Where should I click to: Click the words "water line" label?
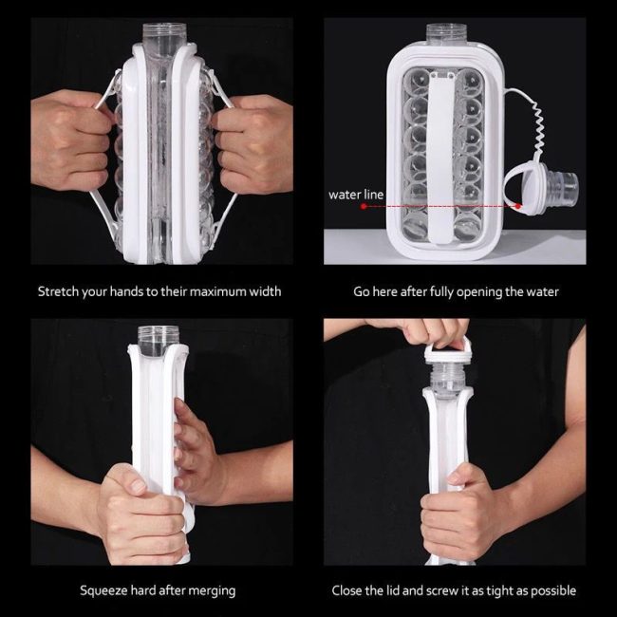coord(356,195)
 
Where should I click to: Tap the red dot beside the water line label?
coord(364,206)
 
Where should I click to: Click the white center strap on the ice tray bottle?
coord(440,158)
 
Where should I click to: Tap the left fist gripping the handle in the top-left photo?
coord(70,140)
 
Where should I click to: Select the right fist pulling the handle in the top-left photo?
coord(253,144)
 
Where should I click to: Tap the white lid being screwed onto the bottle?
coord(448,352)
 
